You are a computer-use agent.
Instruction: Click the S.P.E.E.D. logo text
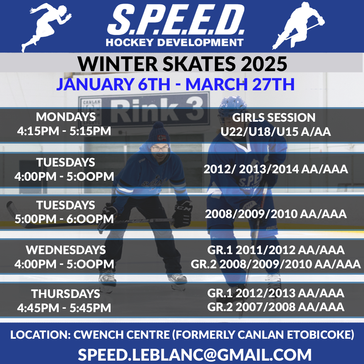176,20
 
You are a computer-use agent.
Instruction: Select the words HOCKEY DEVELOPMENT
175,42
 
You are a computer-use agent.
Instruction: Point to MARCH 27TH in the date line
240,84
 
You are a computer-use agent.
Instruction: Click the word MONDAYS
66,117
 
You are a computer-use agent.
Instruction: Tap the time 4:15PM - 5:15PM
64,131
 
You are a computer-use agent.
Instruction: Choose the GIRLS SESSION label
274,118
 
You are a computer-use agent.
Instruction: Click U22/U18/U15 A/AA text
276,132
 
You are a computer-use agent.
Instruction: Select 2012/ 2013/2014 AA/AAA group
276,169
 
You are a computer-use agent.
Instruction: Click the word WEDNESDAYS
66,250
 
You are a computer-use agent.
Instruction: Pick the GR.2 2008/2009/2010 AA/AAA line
276,264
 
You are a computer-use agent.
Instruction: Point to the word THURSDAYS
66,294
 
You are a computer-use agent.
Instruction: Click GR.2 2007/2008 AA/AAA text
276,307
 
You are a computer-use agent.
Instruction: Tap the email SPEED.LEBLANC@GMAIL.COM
194,355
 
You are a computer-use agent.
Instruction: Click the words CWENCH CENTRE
122,335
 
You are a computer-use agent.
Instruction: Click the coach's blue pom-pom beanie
159,134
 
